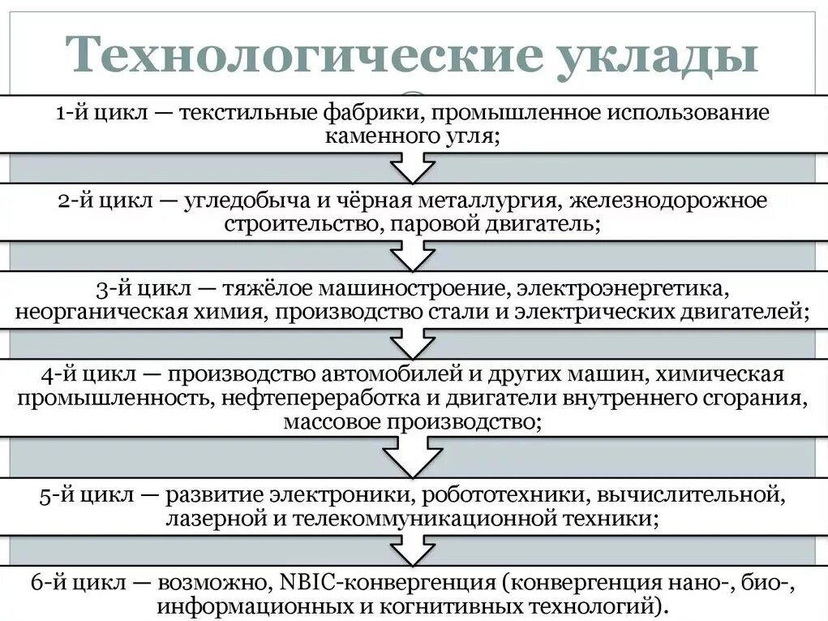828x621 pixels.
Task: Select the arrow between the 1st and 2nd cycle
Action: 413,168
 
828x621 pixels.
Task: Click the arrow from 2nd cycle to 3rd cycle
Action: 413,256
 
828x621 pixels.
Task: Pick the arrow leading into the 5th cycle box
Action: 413,459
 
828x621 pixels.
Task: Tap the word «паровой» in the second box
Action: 430,223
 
